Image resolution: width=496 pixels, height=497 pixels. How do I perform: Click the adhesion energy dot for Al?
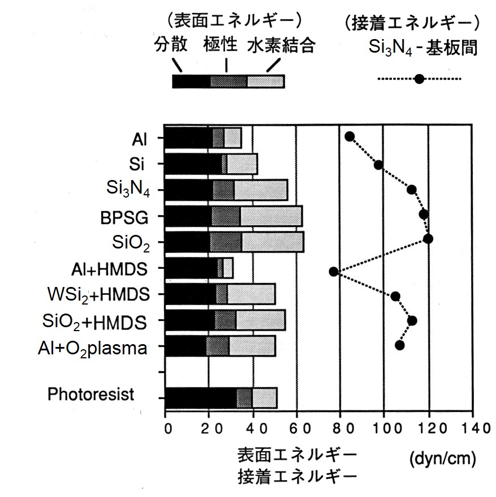point(350,136)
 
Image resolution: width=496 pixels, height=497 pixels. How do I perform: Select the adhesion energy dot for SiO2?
point(428,239)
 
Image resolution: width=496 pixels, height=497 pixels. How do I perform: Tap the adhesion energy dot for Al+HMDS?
point(334,272)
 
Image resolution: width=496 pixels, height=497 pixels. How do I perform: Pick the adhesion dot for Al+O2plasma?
point(400,345)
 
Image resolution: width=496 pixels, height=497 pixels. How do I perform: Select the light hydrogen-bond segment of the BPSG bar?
point(271,216)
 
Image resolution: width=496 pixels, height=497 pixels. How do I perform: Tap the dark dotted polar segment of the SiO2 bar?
point(226,242)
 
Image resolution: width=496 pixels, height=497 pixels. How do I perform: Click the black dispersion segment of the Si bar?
point(193,164)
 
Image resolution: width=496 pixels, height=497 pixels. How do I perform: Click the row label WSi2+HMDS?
point(98,295)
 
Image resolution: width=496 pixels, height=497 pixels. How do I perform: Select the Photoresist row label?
point(90,394)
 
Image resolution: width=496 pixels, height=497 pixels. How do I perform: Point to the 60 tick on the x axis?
point(296,428)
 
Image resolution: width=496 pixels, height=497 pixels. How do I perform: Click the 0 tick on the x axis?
point(166,428)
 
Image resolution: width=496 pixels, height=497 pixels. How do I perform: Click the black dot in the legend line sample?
point(419,79)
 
